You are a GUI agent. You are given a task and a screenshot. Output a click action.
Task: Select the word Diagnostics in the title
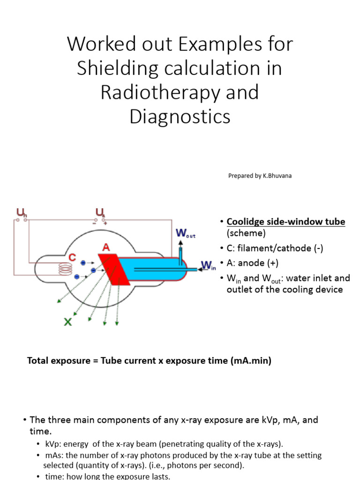(x=180, y=116)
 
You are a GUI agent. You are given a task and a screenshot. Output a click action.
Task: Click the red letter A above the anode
(x=106, y=247)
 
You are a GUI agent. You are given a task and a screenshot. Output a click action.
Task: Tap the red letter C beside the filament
(x=72, y=257)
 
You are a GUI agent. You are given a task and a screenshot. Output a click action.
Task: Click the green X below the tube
(x=68, y=322)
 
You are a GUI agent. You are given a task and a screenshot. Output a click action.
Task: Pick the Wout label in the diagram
(x=185, y=233)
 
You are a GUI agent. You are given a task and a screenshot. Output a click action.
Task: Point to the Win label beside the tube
(x=207, y=266)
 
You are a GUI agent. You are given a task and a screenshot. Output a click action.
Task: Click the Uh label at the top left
(x=22, y=214)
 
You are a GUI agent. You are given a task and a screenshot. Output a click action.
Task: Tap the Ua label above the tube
(x=100, y=214)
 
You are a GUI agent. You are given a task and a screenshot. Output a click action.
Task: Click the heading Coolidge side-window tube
(x=286, y=222)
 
